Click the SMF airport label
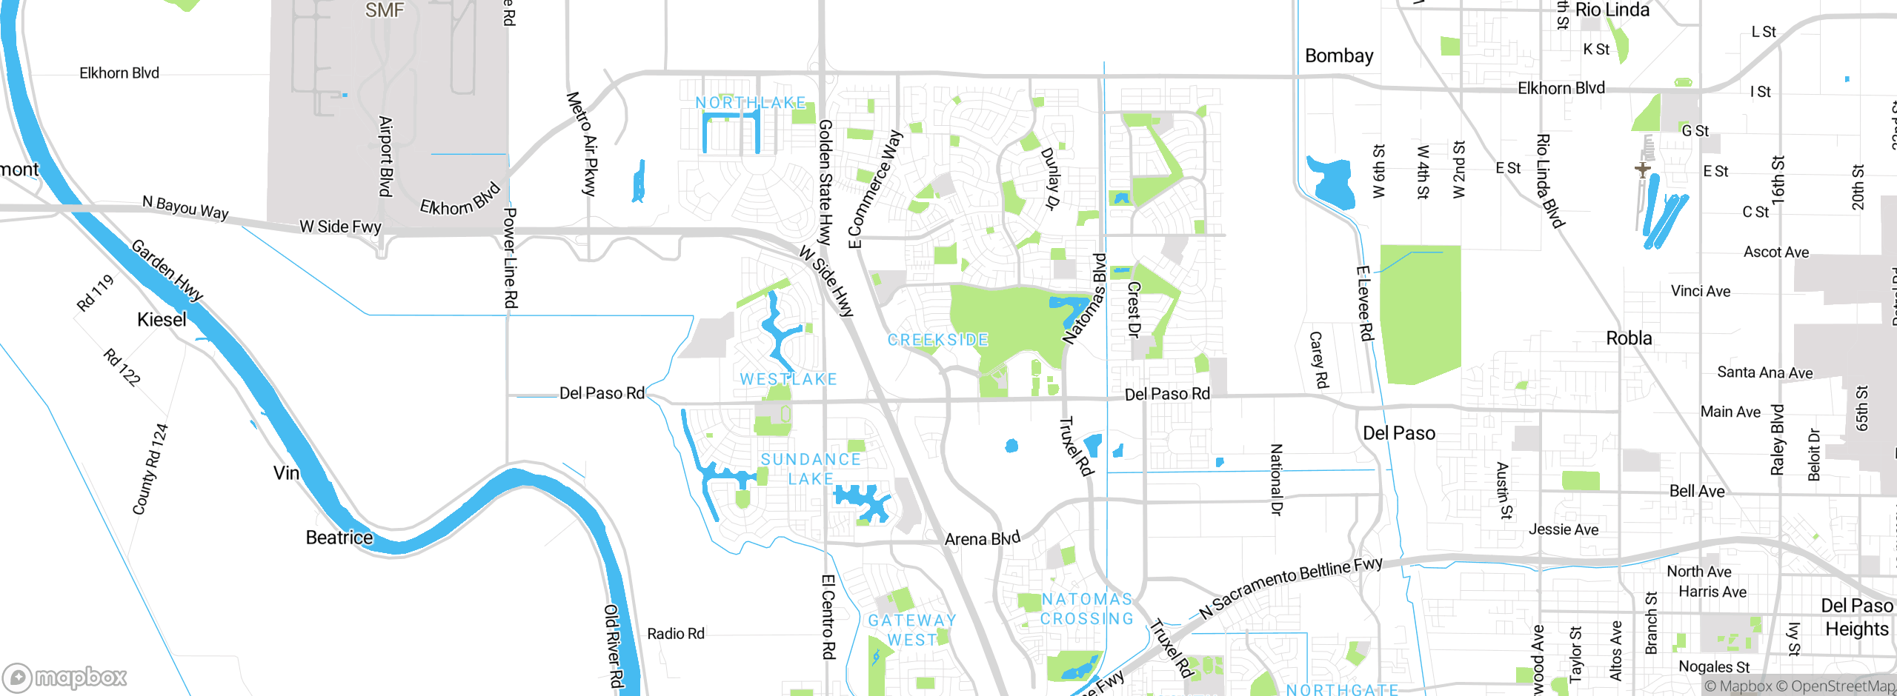[x=385, y=10]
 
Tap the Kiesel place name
[x=162, y=320]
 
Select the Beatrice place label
[x=339, y=538]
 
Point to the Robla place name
[x=1629, y=338]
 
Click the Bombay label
[x=1339, y=56]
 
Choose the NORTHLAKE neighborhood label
[x=750, y=103]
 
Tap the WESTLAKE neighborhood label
[x=788, y=379]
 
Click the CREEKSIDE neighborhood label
[x=938, y=340]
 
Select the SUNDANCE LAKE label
[x=811, y=469]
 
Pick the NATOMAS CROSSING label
[x=1087, y=609]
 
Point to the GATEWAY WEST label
[x=912, y=629]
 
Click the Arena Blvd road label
[x=983, y=538]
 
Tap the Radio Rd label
[x=676, y=634]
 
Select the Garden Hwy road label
[x=167, y=270]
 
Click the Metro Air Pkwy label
[x=582, y=144]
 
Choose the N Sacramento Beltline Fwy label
[x=1291, y=586]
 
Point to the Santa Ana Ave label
[x=1765, y=372]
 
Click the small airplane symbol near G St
[x=1643, y=170]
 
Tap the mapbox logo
[x=65, y=677]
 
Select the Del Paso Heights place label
[x=1857, y=617]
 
